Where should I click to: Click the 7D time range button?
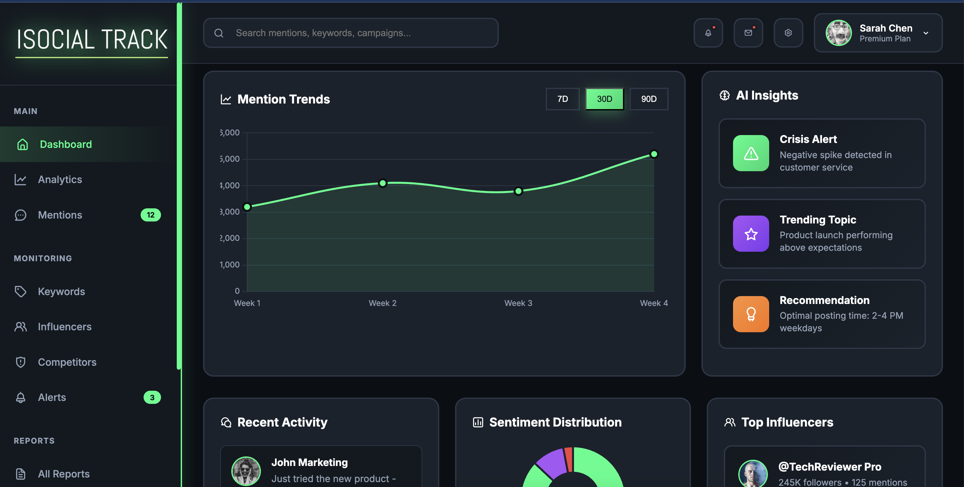click(x=562, y=99)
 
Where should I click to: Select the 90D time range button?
click(x=649, y=99)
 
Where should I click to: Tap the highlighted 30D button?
click(x=604, y=99)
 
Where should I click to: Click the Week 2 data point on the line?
click(x=382, y=183)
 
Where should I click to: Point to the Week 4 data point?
click(x=654, y=154)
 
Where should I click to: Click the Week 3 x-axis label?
click(x=518, y=303)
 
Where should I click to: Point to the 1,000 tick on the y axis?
click(x=230, y=265)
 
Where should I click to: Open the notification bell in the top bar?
click(x=708, y=33)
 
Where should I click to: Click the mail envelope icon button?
click(x=748, y=33)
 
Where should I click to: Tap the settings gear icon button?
click(x=788, y=33)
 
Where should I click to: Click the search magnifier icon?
click(x=219, y=33)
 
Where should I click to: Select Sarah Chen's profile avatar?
click(x=838, y=33)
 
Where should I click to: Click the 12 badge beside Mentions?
click(x=150, y=215)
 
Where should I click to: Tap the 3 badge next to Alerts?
click(x=152, y=397)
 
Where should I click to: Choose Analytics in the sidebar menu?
click(x=60, y=180)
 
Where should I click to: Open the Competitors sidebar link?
click(x=67, y=362)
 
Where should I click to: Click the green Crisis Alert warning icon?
click(x=751, y=153)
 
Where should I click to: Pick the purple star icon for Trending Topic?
click(x=751, y=234)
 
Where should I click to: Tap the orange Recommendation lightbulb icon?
click(x=751, y=314)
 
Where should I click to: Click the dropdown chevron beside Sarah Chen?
click(x=926, y=33)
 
